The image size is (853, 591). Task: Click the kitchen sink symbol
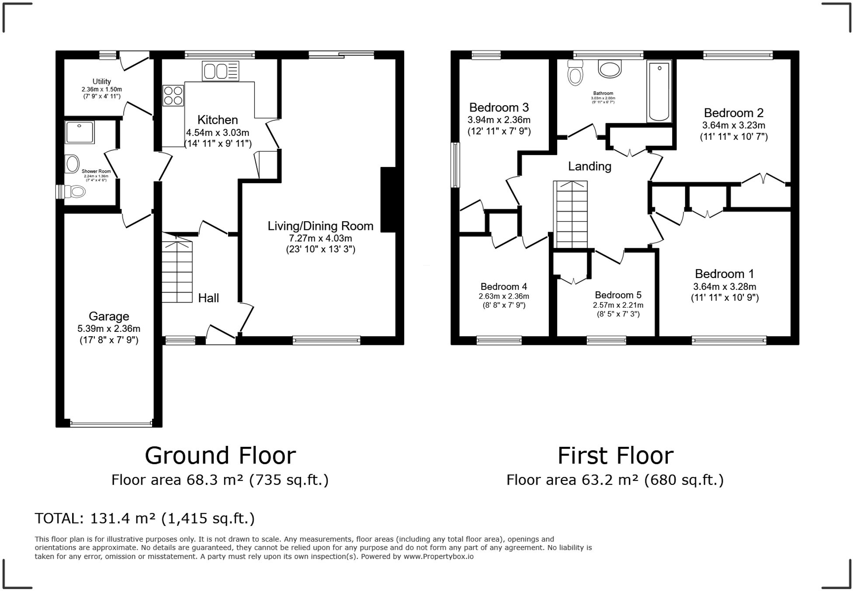coord(220,71)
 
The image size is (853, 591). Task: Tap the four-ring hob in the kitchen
coord(173,96)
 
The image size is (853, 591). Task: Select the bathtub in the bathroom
coord(659,91)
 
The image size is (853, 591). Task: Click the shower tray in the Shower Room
coord(80,132)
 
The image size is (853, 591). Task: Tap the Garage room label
coord(109,316)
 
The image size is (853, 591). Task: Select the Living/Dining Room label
coord(320,226)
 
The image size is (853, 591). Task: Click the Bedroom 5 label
coord(618,295)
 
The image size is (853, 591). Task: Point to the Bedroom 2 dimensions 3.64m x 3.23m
coord(734,125)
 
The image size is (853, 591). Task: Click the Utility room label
coord(101,81)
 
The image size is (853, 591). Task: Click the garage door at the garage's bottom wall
coord(111,424)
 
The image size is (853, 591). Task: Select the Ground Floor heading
coord(220,455)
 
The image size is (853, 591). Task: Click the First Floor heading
coord(615,455)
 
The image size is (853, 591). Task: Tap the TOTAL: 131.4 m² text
coord(144,518)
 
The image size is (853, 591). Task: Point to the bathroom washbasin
coord(610,69)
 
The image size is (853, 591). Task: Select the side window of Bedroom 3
coord(455,165)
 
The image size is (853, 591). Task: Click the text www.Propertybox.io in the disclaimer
coord(438,556)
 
